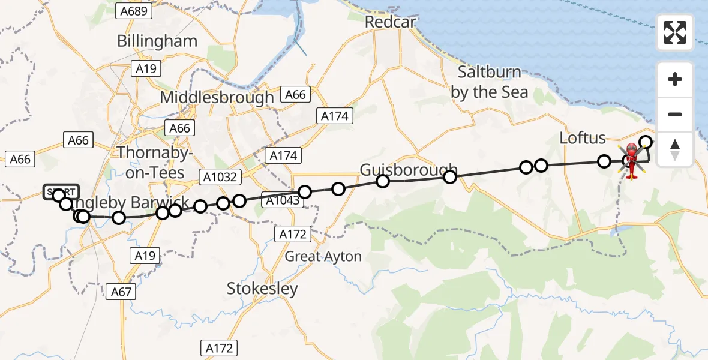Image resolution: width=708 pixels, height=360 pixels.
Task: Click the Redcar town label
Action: pyautogui.click(x=391, y=21)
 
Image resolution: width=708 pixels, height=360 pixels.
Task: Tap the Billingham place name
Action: pyautogui.click(x=157, y=41)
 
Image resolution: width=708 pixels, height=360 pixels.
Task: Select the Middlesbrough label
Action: pyautogui.click(x=217, y=97)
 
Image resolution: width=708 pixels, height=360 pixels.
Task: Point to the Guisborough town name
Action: pyautogui.click(x=409, y=170)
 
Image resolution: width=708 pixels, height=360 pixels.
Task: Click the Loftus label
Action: pyautogui.click(x=582, y=137)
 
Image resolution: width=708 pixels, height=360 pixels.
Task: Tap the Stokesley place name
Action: pyautogui.click(x=262, y=289)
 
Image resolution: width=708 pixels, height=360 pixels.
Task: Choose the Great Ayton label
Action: pyautogui.click(x=323, y=257)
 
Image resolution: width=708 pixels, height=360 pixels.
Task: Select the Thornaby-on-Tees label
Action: pyautogui.click(x=155, y=161)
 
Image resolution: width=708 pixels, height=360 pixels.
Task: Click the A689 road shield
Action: pyautogui.click(x=135, y=11)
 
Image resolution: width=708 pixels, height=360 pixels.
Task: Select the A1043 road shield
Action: pyautogui.click(x=281, y=201)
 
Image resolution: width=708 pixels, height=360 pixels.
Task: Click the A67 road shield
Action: pyautogui.click(x=121, y=292)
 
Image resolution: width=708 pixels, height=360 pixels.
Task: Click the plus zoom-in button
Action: pyautogui.click(x=675, y=79)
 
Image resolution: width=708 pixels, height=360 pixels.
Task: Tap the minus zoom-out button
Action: pyautogui.click(x=675, y=114)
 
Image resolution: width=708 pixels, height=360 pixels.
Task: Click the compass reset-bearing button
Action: pyautogui.click(x=675, y=149)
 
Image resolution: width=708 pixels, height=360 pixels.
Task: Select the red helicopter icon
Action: pyautogui.click(x=632, y=161)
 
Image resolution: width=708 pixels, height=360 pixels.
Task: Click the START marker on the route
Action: pyautogui.click(x=60, y=192)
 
